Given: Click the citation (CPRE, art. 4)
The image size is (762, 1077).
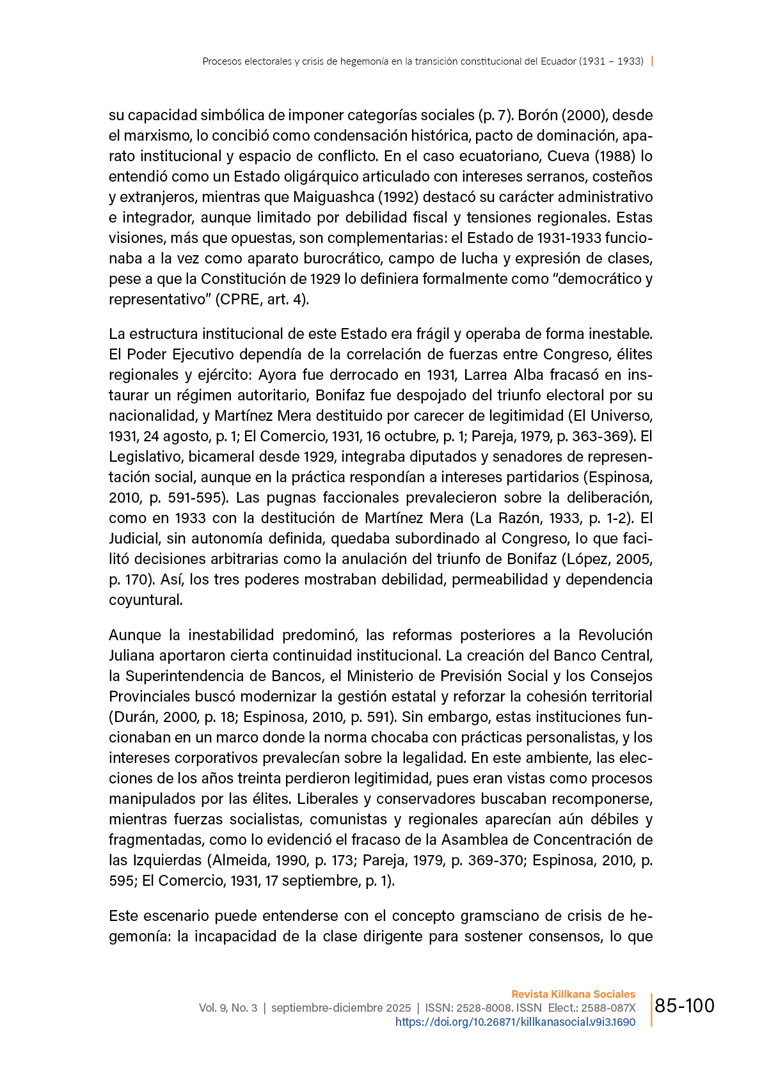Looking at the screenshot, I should coord(262,299).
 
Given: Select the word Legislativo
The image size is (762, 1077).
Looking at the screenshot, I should coord(146,457).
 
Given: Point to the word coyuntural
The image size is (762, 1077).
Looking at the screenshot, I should coord(145,600).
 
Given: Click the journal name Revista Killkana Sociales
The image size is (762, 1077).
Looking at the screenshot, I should coord(573,994).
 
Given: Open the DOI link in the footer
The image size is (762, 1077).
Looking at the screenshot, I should coord(515,1022).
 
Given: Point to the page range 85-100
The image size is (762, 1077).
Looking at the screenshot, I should coord(685,1006).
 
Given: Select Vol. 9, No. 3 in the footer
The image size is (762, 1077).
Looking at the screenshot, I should coord(228,1008).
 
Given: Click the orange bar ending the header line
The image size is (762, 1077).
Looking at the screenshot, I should coord(652,61).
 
